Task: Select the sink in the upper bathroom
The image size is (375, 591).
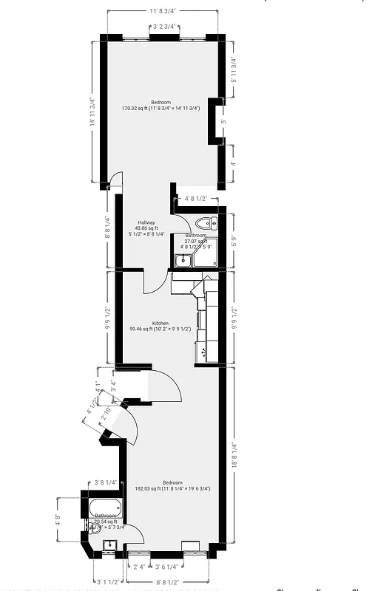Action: point(182,260)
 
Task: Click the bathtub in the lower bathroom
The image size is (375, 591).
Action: point(104,510)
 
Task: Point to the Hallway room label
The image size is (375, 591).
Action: point(146,222)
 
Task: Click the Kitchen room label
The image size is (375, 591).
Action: point(160,324)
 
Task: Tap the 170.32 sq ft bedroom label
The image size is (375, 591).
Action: point(160,102)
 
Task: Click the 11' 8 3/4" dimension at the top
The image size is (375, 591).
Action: point(163,11)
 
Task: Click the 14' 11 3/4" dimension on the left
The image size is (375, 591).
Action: point(92,112)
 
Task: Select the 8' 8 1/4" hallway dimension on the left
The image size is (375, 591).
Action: point(108,226)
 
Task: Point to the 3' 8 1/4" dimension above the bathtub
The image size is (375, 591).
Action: point(106,482)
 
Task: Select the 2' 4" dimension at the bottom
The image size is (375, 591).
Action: point(138,567)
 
